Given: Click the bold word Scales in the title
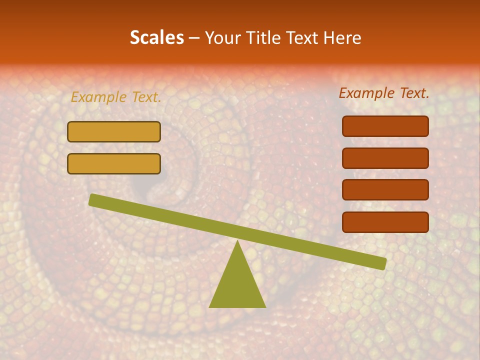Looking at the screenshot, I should point(156,38).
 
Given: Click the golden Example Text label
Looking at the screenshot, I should point(116,97).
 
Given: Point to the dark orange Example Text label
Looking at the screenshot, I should point(384,93).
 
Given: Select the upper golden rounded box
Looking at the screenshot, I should point(114,131).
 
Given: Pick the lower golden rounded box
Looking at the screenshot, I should point(114,163).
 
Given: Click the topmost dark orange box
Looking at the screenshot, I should point(385,126).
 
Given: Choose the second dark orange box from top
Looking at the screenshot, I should point(385,158).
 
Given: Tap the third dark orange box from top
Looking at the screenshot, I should point(385,190).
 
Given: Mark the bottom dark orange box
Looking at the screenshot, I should point(385,222).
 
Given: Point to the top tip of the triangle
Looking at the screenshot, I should point(237,242).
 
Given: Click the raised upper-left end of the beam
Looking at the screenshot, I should point(93,200).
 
